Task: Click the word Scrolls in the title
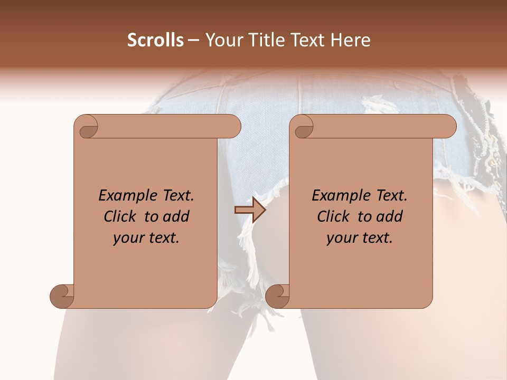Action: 155,40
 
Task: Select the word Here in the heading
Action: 350,40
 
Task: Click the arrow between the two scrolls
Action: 250,210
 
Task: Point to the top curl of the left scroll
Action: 87,127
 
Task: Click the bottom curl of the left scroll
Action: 62,296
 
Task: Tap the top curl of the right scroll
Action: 303,127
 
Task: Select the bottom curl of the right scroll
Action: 277,296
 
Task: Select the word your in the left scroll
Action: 129,238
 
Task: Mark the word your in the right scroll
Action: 342,238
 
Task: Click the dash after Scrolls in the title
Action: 193,40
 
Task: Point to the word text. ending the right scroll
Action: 377,238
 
